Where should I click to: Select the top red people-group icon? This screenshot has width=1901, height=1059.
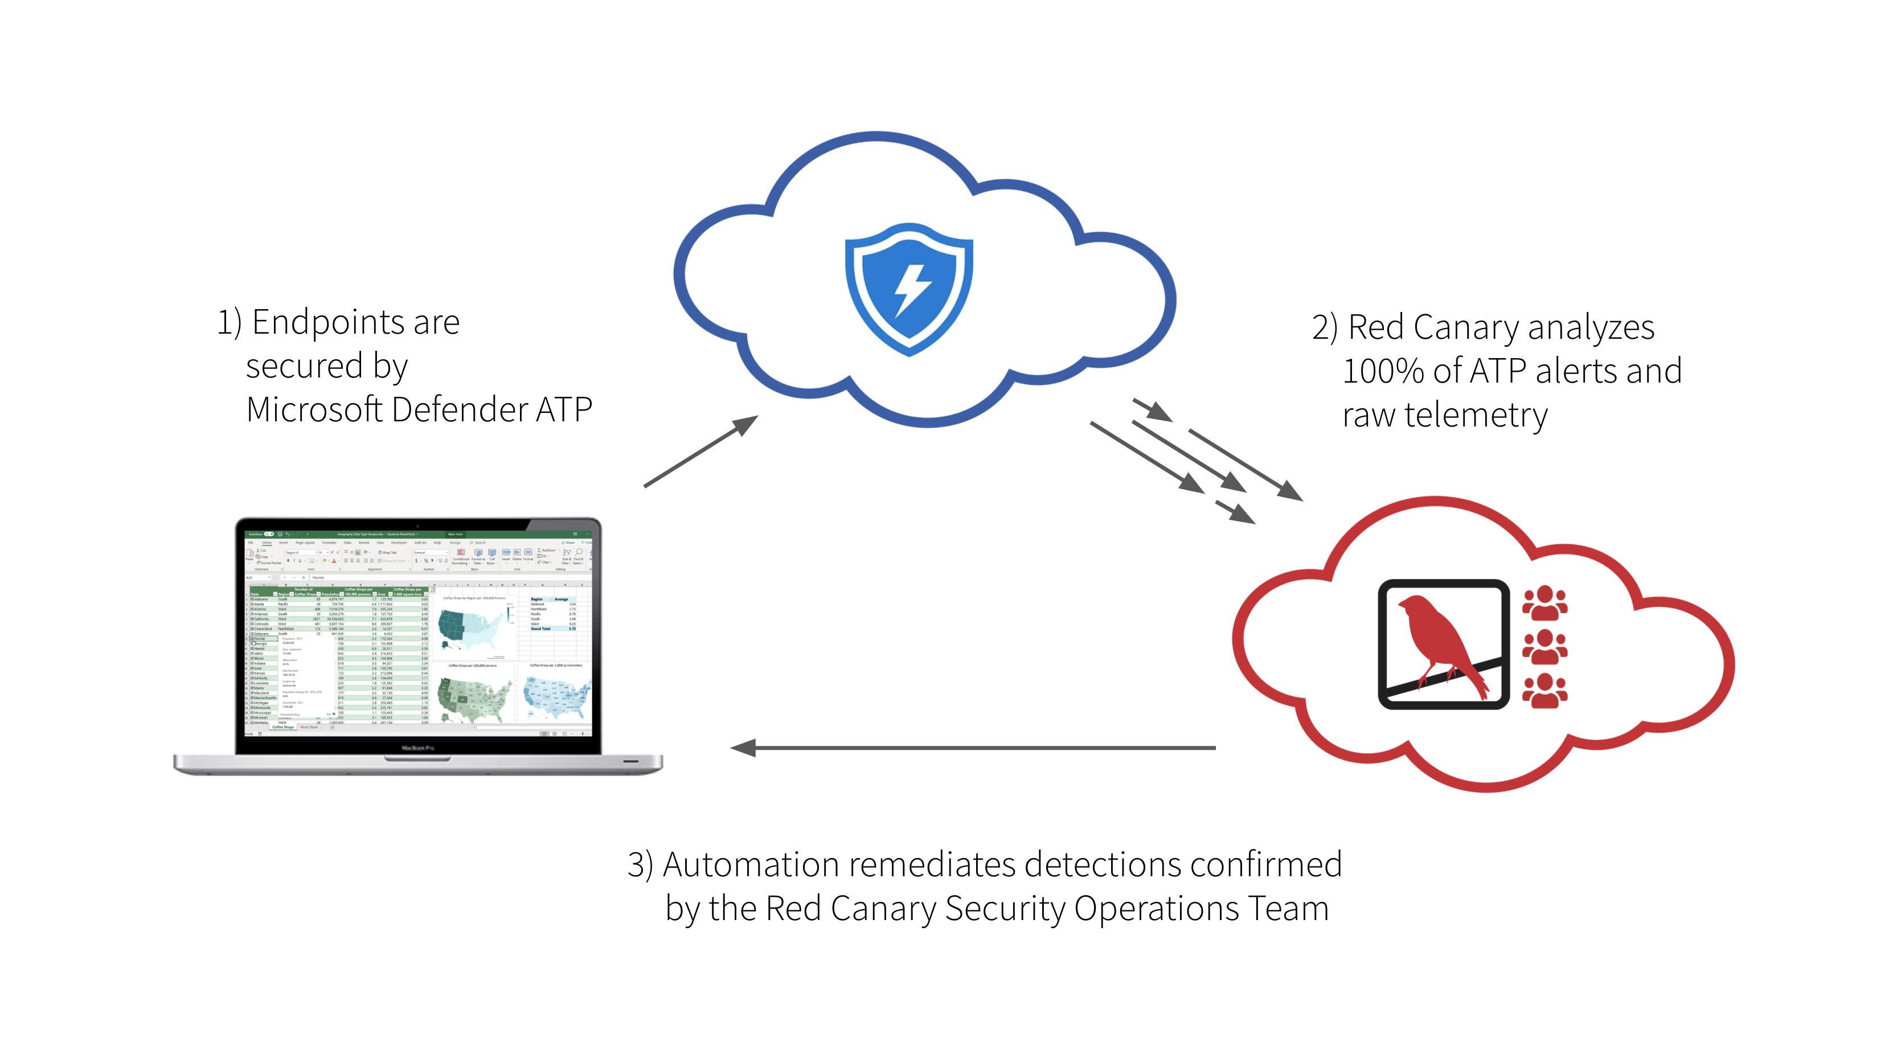(x=1544, y=603)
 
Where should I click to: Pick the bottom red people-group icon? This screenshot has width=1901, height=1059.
(x=1544, y=691)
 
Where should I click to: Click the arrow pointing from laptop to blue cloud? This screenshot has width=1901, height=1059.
(x=701, y=451)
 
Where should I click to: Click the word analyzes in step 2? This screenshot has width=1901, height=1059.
(x=1590, y=327)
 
